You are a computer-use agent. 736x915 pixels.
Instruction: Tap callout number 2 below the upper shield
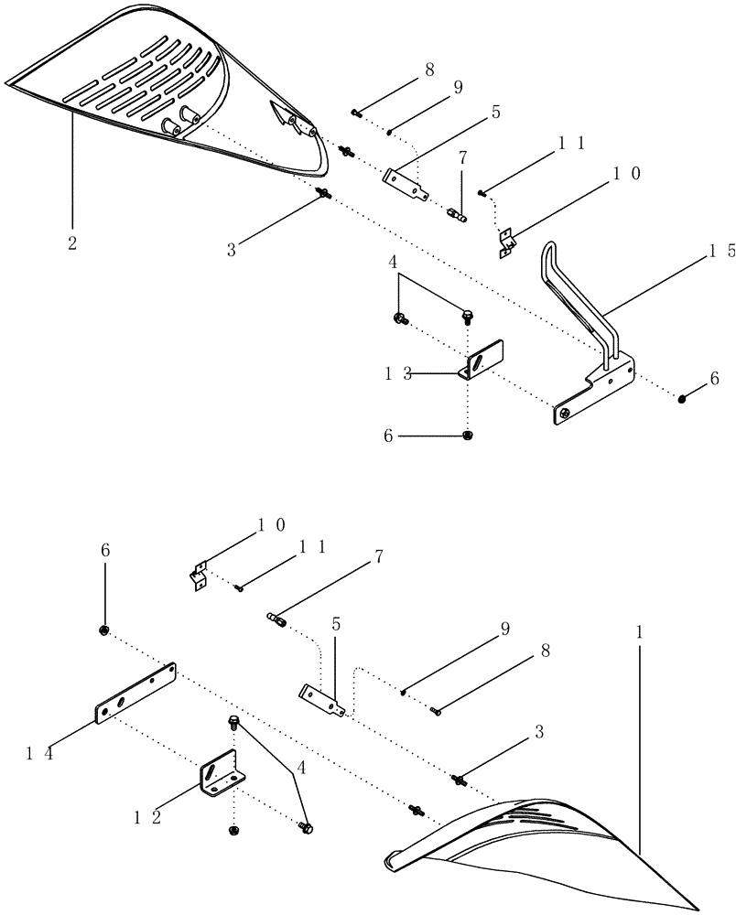click(x=72, y=243)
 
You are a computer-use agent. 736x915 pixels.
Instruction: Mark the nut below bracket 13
click(x=468, y=436)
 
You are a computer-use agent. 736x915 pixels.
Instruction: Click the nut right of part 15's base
click(x=683, y=397)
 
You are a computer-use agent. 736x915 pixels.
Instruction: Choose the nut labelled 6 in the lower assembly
click(x=105, y=630)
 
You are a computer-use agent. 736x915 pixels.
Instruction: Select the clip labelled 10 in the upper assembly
click(x=505, y=242)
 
